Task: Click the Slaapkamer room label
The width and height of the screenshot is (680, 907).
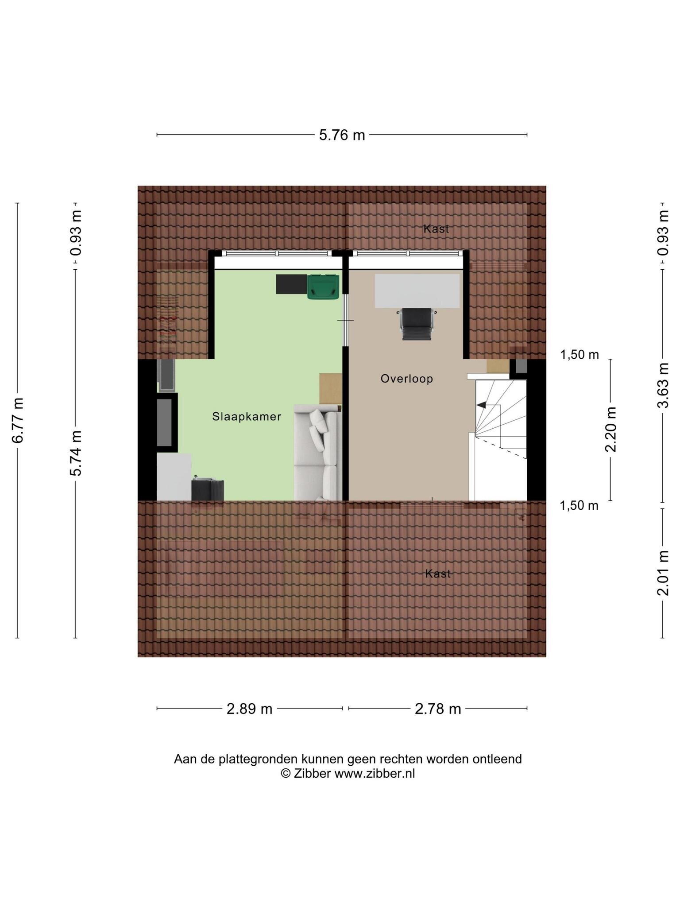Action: coord(247,416)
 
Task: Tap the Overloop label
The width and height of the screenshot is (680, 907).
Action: coord(407,379)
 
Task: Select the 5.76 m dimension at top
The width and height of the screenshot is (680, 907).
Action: coord(342,135)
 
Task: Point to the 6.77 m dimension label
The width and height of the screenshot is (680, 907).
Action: coord(18,420)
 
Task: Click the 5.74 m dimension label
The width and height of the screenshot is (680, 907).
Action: coord(76,453)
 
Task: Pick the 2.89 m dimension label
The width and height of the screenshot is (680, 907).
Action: coord(250,709)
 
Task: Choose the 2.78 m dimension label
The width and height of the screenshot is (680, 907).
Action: coord(438,709)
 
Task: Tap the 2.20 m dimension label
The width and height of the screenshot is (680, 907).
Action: coord(611,429)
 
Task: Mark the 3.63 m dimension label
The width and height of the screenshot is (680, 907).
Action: coord(663,385)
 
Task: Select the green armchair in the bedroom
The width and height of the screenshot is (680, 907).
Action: coord(323,287)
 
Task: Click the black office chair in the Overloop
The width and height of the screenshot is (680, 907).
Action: coord(417,324)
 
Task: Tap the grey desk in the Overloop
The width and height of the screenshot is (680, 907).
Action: coord(417,291)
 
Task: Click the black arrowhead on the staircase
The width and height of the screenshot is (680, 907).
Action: coord(481,405)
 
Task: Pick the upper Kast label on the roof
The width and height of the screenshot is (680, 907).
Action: coord(436,229)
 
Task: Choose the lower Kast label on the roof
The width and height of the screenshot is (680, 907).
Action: coord(438,574)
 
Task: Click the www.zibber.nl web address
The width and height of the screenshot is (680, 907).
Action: coord(375,773)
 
